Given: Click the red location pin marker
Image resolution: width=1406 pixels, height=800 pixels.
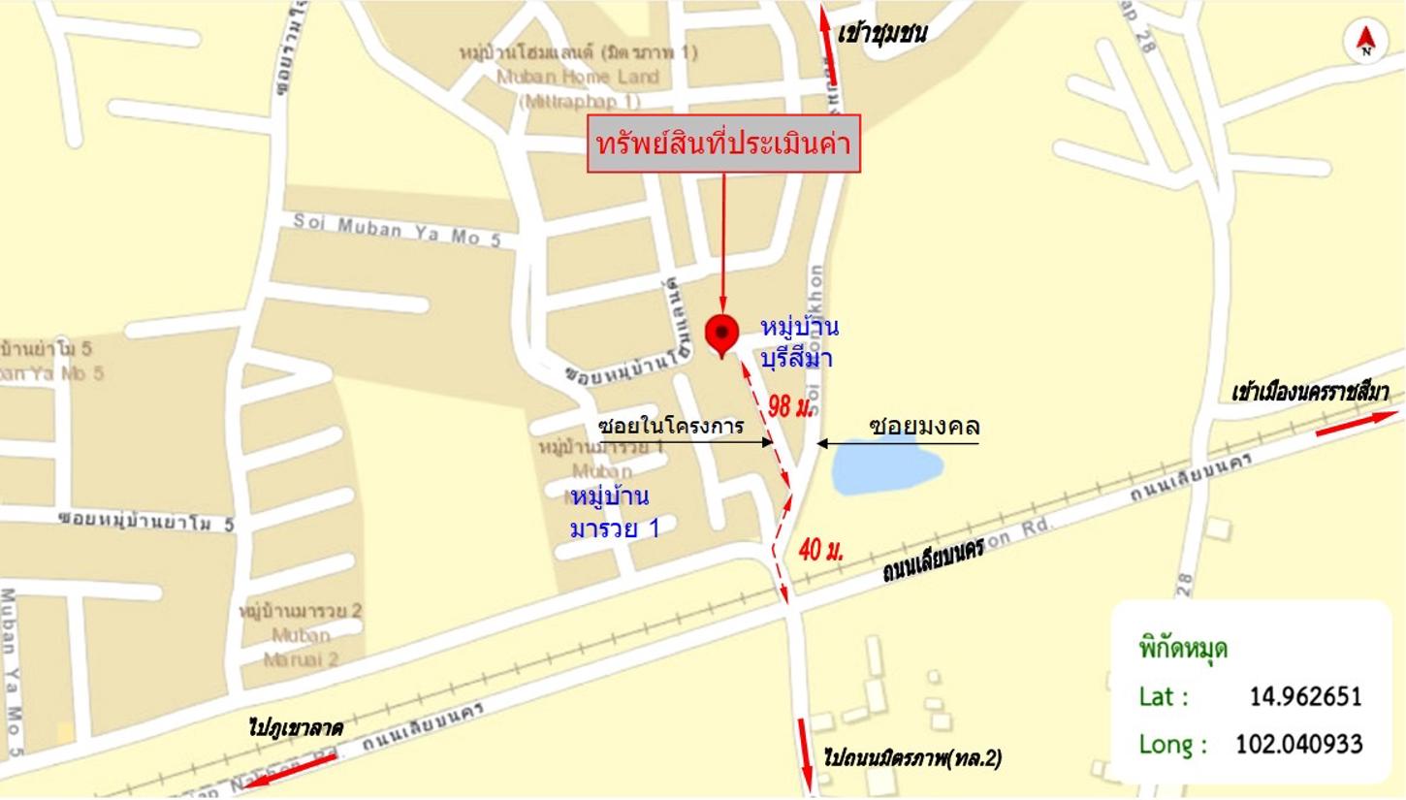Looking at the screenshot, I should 721,335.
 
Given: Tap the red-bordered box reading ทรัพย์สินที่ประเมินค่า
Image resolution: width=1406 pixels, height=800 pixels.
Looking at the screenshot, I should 723,144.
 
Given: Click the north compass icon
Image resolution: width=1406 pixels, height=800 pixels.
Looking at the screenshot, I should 1366,42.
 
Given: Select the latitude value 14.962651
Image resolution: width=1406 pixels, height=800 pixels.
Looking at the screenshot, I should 1305,696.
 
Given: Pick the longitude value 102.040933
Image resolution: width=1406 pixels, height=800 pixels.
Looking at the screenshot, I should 1298,744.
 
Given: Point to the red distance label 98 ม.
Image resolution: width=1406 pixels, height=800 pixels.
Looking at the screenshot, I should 789,406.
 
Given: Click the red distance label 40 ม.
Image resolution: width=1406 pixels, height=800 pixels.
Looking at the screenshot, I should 820,550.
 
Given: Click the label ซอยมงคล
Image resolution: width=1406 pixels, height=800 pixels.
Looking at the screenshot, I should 923,426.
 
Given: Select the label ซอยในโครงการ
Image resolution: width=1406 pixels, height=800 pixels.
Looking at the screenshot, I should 670,426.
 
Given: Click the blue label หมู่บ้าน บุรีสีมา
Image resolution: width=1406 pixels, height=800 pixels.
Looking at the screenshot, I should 799,341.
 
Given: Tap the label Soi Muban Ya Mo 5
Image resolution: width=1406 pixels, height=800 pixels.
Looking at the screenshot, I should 397,229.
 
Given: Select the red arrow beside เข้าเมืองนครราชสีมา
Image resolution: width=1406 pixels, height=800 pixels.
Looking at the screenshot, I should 1358,423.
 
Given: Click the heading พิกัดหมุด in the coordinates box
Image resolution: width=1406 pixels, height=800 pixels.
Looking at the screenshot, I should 1183,648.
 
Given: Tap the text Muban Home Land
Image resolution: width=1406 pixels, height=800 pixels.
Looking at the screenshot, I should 577,77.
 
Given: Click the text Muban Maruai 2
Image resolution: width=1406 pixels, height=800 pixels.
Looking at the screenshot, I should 301,648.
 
